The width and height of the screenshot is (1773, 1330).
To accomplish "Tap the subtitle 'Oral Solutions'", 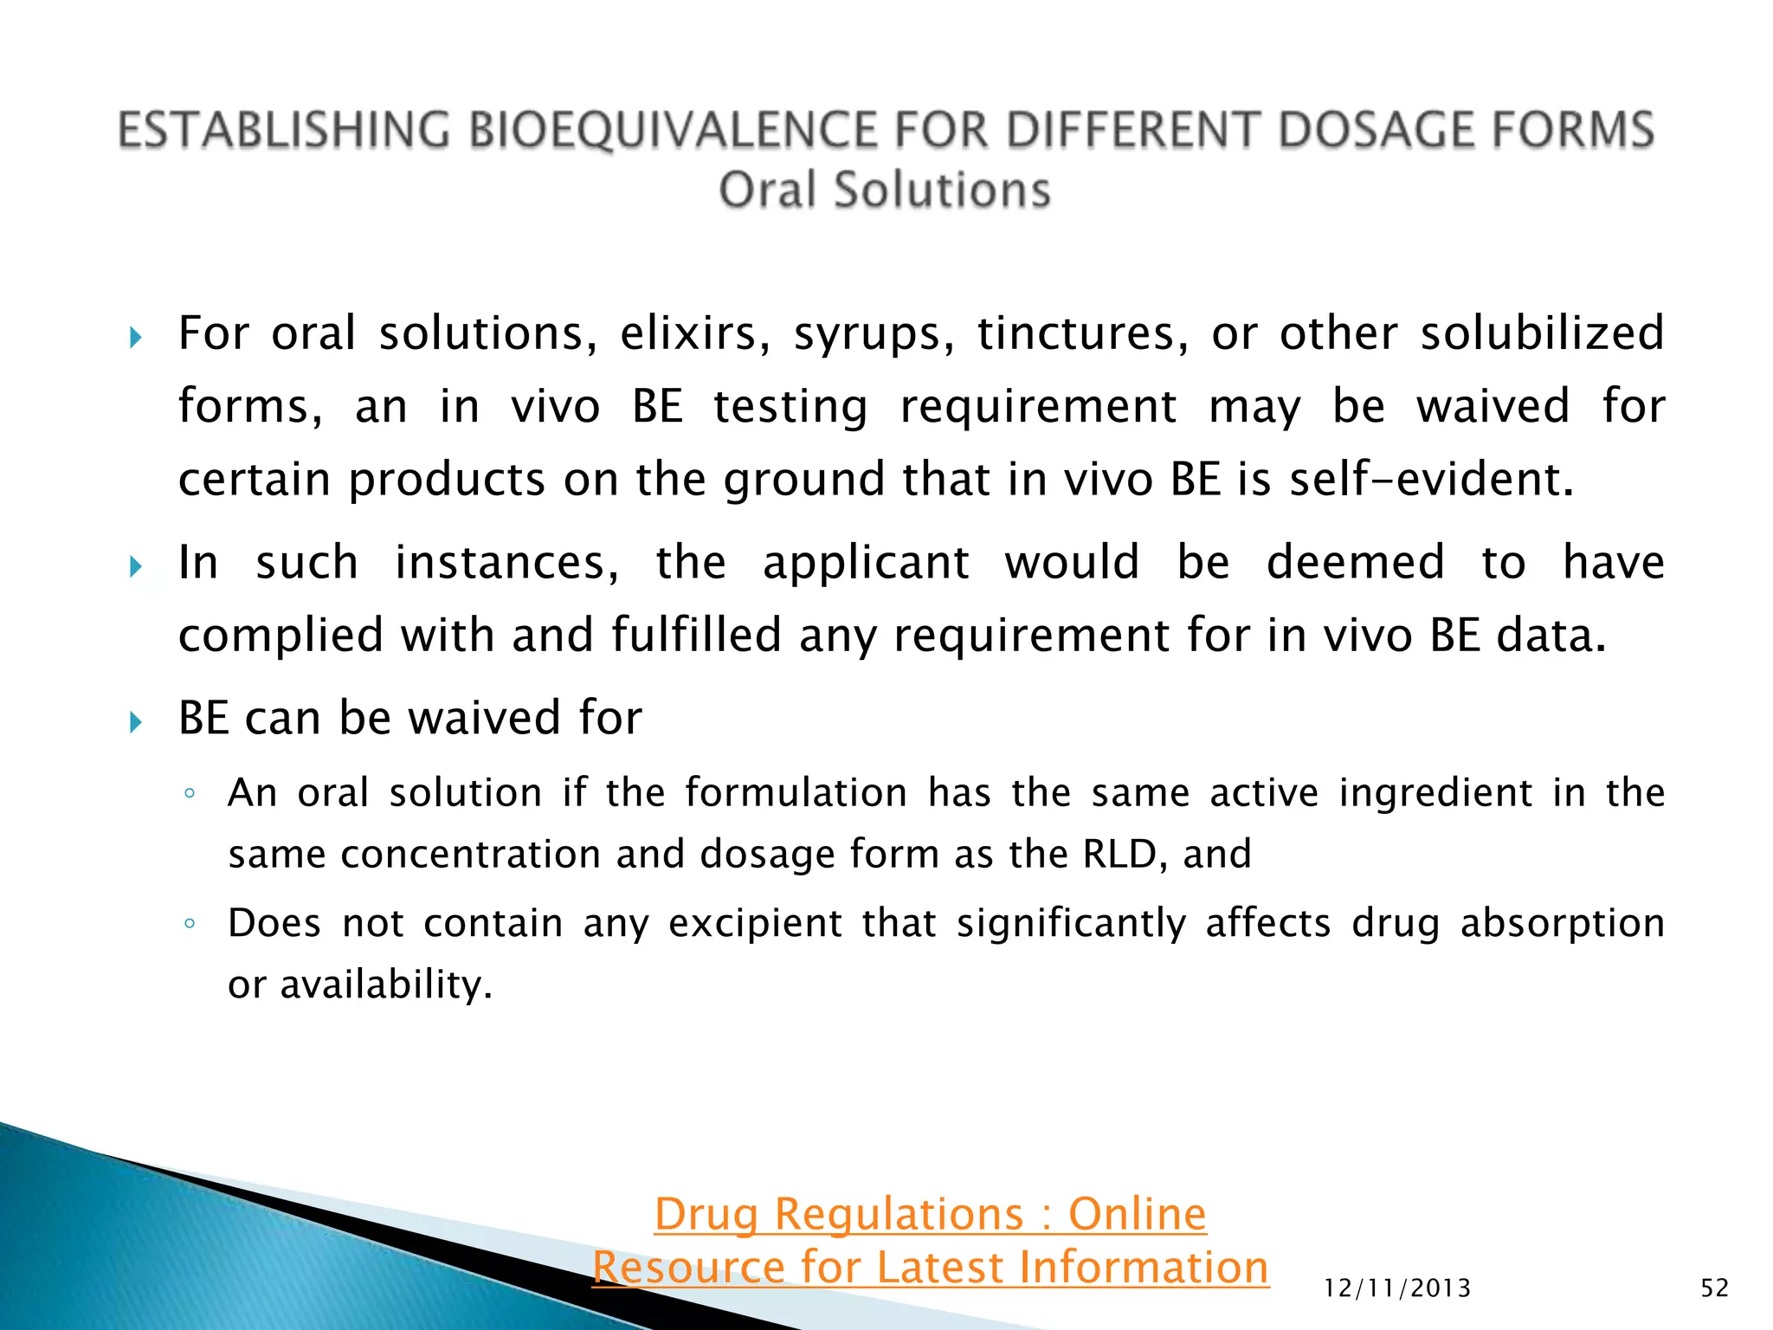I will tap(885, 190).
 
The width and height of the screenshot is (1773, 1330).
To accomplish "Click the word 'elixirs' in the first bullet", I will tap(694, 333).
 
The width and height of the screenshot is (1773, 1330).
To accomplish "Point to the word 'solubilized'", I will tap(1542, 333).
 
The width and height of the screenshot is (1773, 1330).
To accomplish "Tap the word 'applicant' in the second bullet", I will tap(866, 563).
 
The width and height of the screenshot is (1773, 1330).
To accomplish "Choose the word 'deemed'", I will tap(1355, 563).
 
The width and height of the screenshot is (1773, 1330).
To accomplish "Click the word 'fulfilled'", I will tap(697, 635).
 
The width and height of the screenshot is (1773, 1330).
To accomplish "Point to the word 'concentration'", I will tap(470, 855).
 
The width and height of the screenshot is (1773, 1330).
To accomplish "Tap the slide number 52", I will tap(1714, 1288).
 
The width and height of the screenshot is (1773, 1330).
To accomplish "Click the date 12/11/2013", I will tap(1397, 1288).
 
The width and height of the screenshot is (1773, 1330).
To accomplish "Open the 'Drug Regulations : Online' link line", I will tap(930, 1214).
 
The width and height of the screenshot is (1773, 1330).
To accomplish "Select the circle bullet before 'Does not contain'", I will tap(189, 924).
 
